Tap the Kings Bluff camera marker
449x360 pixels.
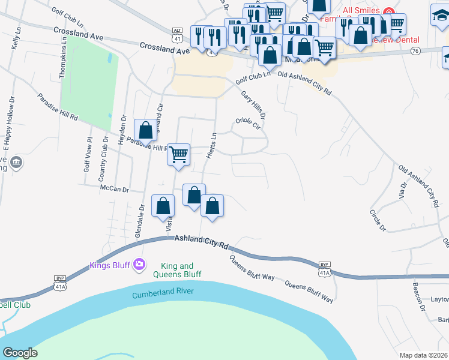tap(140, 264)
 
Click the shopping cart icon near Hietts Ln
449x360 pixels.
tap(178, 155)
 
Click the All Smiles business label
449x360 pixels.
tap(361, 10)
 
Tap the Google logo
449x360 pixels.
tap(20, 352)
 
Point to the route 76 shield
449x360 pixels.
tap(415, 52)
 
